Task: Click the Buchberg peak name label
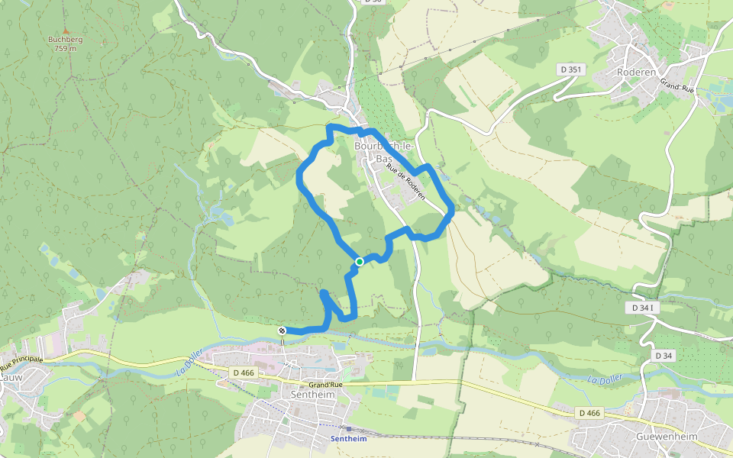[x=65, y=39]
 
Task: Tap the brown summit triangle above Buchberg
[x=65, y=28]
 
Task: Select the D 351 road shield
[x=570, y=69]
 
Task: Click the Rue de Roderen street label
[x=405, y=182]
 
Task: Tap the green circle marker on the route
[x=359, y=262]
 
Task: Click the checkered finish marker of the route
[x=283, y=330]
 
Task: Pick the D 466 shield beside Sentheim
[x=243, y=372]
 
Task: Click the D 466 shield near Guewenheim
[x=589, y=413]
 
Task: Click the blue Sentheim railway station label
[x=348, y=439]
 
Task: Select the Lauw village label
[x=11, y=376]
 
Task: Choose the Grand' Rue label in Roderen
[x=677, y=89]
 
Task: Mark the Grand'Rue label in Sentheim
[x=326, y=385]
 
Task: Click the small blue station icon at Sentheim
[x=348, y=429]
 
